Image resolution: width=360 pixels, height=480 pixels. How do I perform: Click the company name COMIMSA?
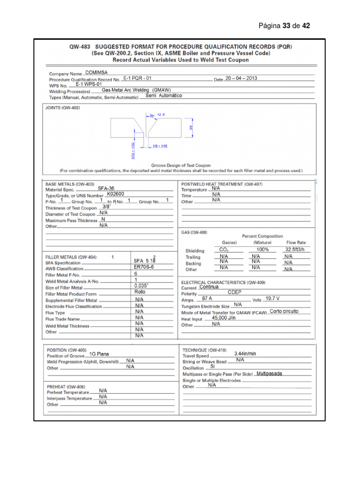point(97,73)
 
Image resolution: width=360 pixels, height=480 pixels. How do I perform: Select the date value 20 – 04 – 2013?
point(241,78)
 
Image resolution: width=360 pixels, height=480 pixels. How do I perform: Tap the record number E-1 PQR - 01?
point(137,78)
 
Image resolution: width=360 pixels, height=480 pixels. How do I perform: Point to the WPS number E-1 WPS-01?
point(89,84)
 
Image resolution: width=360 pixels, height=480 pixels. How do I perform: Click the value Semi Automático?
point(164,96)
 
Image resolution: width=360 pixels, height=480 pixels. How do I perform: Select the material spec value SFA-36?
point(105,188)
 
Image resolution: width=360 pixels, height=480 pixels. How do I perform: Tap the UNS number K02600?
point(115,194)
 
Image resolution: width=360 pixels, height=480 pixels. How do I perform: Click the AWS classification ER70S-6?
point(143,267)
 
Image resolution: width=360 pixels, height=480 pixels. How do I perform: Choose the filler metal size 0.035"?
point(141,285)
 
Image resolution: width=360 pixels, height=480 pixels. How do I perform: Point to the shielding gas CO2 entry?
point(224,250)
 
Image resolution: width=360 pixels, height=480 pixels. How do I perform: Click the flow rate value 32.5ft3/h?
point(295,250)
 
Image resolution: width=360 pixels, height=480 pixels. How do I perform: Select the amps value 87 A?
point(207,298)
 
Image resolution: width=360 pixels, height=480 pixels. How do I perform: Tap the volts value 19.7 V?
point(272,298)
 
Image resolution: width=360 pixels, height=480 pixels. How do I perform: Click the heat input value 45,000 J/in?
point(224,318)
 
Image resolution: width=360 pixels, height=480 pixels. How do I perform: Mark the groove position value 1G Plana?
point(99,354)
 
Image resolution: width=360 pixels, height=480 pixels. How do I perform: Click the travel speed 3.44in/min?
point(245,353)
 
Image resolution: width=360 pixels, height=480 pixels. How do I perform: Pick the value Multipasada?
point(269,374)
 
